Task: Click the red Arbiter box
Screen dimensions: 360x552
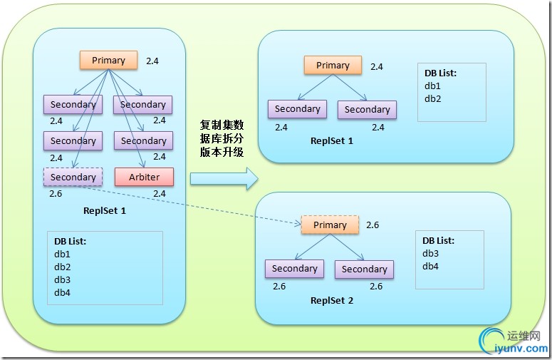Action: (144, 176)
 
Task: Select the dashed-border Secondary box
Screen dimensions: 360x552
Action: (73, 177)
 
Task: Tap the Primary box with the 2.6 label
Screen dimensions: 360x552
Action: (330, 225)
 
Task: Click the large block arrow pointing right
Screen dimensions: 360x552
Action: (224, 178)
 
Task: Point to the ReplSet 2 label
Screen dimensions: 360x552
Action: (331, 300)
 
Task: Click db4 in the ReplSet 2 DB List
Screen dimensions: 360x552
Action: (430, 266)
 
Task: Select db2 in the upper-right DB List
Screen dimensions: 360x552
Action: (433, 98)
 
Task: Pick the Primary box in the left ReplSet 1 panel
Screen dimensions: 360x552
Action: (108, 61)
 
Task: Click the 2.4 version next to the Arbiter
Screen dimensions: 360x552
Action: (159, 193)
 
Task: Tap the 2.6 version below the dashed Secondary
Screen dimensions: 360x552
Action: (56, 193)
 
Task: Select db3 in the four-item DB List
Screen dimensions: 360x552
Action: (62, 279)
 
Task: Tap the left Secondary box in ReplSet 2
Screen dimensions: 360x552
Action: (294, 269)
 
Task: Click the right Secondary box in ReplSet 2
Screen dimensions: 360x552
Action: (364, 269)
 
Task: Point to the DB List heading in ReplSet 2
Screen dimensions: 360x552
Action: (438, 240)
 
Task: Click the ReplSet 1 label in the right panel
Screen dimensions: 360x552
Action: (331, 140)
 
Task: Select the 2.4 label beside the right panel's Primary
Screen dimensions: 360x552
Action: (377, 67)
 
